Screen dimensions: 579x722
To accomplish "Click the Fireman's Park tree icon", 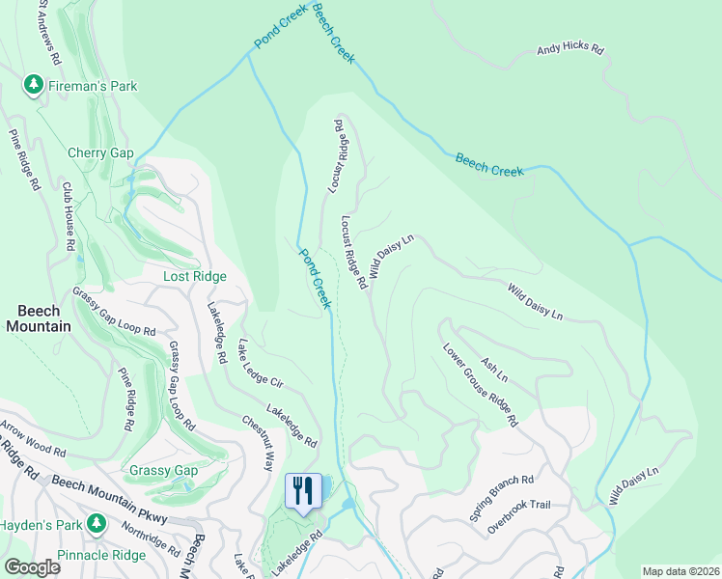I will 34,86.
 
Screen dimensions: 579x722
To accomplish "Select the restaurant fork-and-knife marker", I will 304,491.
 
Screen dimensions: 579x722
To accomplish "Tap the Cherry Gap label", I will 100,152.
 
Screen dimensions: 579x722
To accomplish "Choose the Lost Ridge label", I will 194,276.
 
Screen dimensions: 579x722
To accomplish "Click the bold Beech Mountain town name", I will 39,318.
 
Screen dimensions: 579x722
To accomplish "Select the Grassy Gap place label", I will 162,471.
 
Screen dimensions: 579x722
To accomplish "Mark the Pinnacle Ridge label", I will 101,557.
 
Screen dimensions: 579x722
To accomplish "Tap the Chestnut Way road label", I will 259,442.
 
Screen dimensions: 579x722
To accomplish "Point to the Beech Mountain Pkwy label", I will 109,499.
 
